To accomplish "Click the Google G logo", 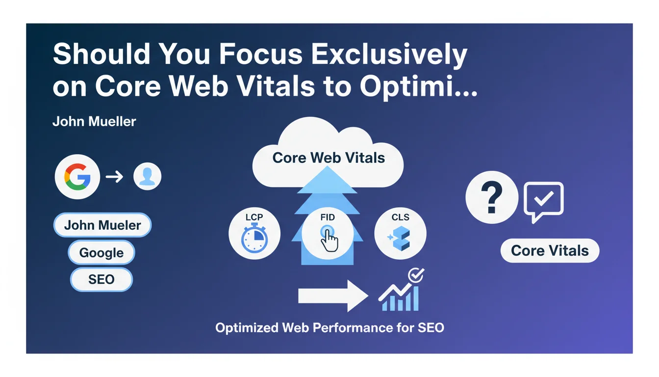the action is (77, 177).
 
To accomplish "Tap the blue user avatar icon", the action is (147, 176).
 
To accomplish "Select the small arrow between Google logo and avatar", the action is (114, 177).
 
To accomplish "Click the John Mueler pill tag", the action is (102, 225).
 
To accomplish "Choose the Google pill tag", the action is (101, 252).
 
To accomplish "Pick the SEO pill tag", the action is (101, 279).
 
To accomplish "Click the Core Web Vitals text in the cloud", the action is (329, 158).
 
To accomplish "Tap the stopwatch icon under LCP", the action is (254, 238).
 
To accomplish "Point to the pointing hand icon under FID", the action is (329, 239).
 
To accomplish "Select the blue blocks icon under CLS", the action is (400, 238).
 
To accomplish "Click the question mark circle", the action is (492, 197).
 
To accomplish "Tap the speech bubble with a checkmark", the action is (544, 202).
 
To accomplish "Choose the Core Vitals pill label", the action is (550, 251).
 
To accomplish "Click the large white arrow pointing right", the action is (333, 296).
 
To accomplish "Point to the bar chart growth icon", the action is (399, 297).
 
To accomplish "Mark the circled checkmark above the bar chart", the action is (416, 275).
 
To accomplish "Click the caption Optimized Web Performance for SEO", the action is (330, 327).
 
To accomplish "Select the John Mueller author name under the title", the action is (94, 121).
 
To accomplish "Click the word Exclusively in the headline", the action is (389, 55).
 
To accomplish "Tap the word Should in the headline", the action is (101, 54).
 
